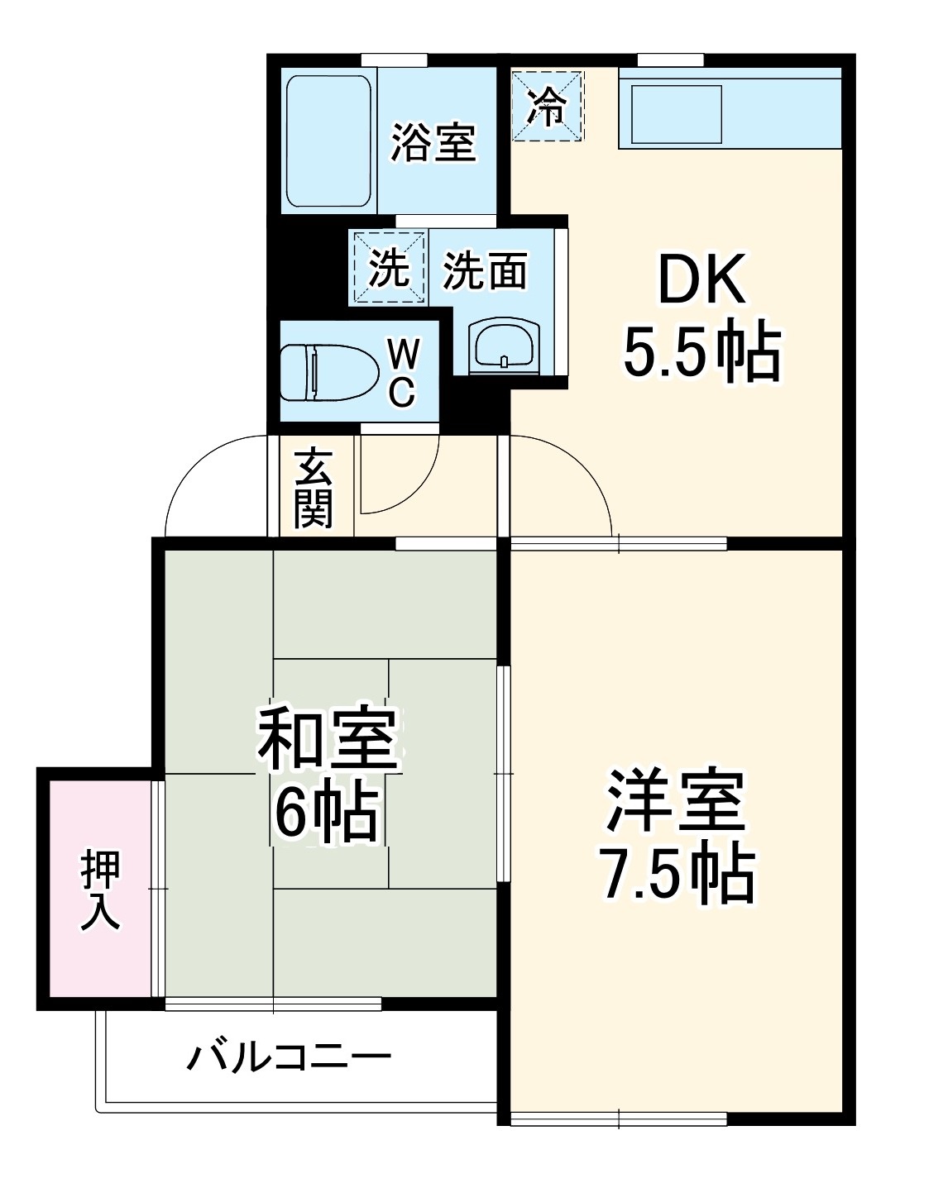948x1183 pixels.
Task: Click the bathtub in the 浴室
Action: (x=328, y=142)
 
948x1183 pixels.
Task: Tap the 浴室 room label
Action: (x=433, y=142)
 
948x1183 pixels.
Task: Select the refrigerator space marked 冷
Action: (x=548, y=106)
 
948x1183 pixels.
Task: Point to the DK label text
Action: (x=701, y=282)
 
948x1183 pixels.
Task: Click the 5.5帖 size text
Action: (x=701, y=353)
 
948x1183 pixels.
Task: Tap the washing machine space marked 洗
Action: (x=389, y=267)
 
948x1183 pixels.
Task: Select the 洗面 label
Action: (x=485, y=270)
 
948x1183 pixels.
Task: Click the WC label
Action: (x=402, y=373)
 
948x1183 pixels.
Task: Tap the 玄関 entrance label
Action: (x=314, y=489)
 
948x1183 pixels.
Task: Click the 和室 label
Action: (x=328, y=738)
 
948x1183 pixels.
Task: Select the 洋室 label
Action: (x=676, y=800)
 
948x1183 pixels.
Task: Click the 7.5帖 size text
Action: (x=676, y=873)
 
